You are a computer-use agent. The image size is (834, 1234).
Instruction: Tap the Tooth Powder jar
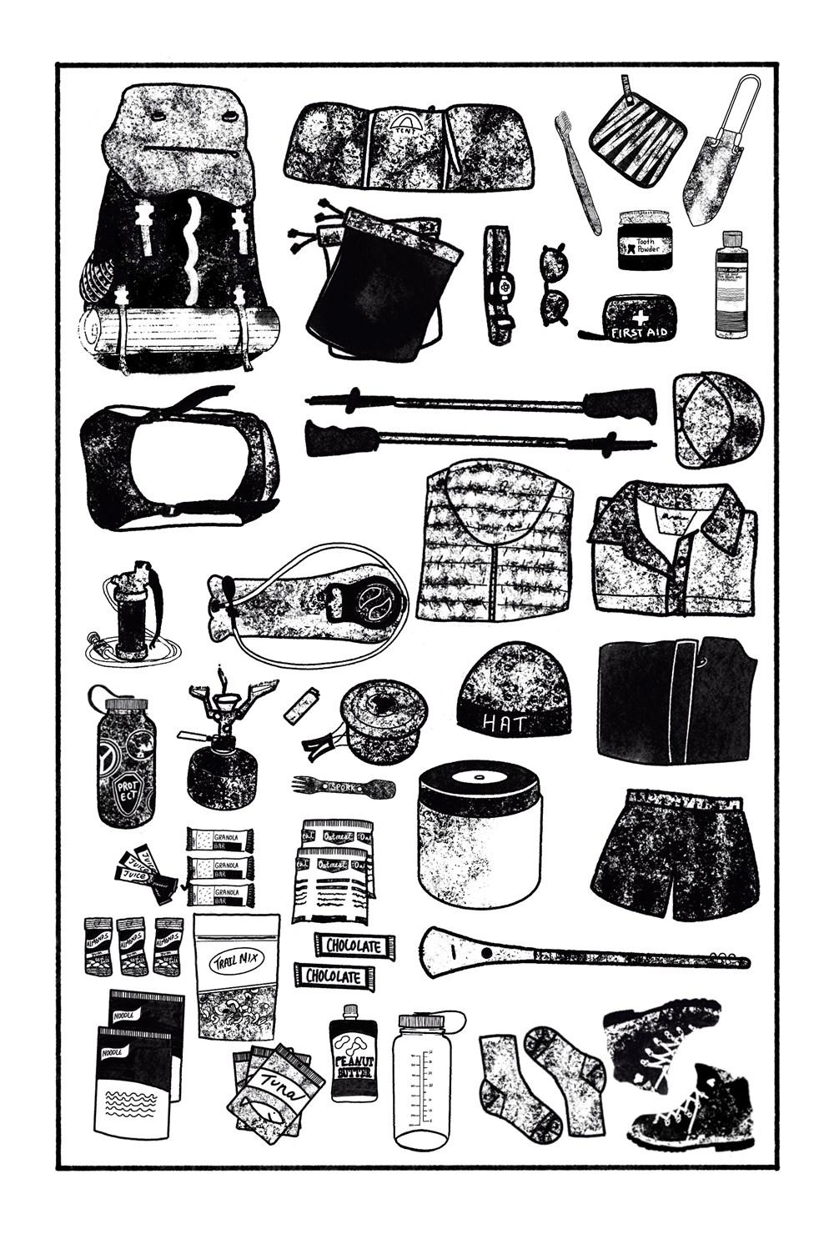pyautogui.click(x=645, y=240)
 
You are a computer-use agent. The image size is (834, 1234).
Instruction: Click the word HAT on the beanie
pyautogui.click(x=505, y=722)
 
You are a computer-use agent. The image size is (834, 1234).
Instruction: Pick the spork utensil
pyautogui.click(x=343, y=785)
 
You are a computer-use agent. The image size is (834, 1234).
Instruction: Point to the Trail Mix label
pyautogui.click(x=236, y=958)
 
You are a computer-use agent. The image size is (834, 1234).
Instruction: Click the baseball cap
pyautogui.click(x=716, y=419)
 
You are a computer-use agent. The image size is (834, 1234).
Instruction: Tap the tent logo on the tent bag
pyautogui.click(x=406, y=127)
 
